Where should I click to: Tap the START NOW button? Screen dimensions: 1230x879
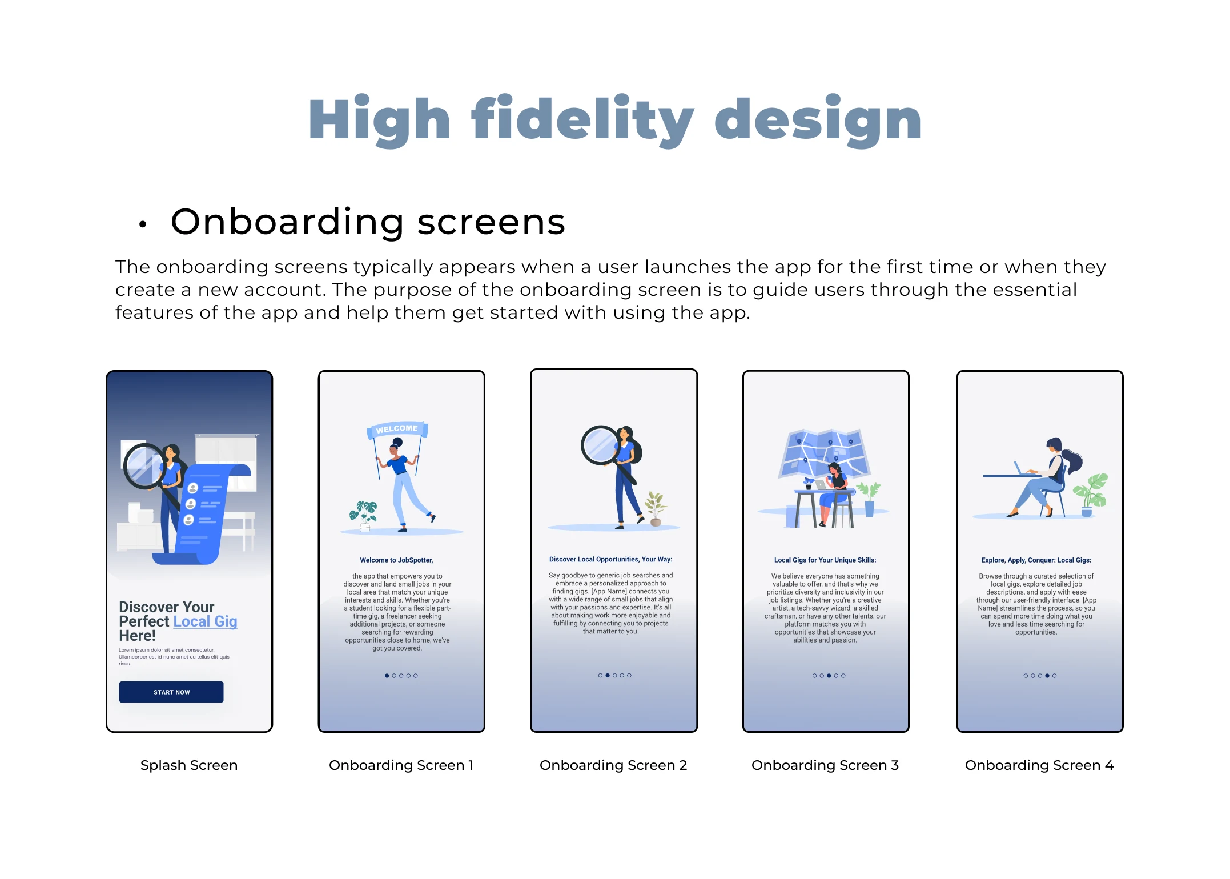pyautogui.click(x=171, y=692)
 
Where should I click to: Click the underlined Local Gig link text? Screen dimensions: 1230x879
pyautogui.click(x=205, y=621)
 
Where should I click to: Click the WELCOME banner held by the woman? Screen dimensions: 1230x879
pyautogui.click(x=397, y=429)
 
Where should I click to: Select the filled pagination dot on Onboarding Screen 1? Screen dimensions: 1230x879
pyautogui.click(x=387, y=676)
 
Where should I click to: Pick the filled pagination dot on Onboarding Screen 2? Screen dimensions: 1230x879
pyautogui.click(x=608, y=675)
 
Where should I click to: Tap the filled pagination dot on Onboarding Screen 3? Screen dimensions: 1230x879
pyautogui.click(x=829, y=676)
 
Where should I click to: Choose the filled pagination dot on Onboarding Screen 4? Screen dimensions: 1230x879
pyautogui.click(x=1047, y=676)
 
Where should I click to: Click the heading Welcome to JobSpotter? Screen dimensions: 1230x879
pyautogui.click(x=396, y=560)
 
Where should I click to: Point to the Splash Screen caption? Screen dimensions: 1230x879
pyautogui.click(x=189, y=765)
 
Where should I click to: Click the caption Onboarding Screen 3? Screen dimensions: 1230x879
pyautogui.click(x=825, y=765)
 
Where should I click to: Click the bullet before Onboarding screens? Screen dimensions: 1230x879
pyautogui.click(x=143, y=224)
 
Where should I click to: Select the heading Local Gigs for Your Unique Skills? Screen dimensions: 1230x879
pyautogui.click(x=825, y=560)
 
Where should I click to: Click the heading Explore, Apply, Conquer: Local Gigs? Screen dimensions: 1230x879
pyautogui.click(x=1036, y=560)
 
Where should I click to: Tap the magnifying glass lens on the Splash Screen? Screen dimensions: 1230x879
pyautogui.click(x=144, y=465)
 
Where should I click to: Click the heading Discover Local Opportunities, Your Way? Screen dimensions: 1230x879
pyautogui.click(x=611, y=560)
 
